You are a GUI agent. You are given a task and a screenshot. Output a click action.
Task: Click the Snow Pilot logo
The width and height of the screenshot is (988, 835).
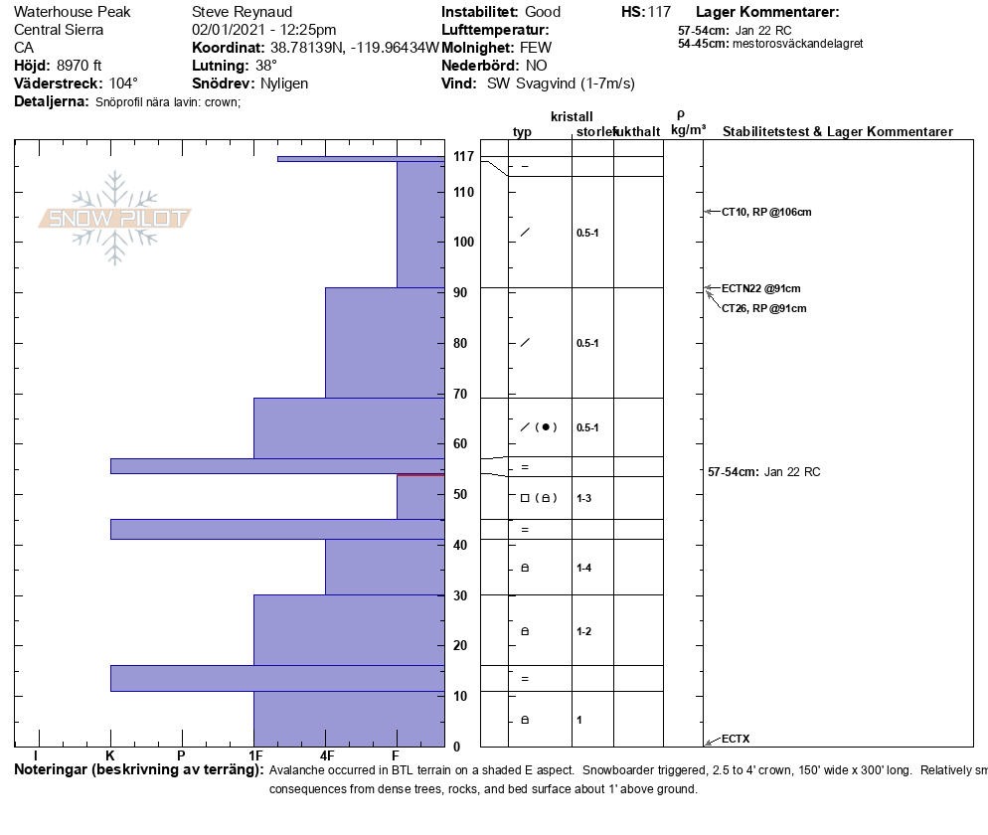click(115, 219)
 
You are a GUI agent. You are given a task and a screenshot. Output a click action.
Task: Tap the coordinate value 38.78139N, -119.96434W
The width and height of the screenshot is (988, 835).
click(354, 48)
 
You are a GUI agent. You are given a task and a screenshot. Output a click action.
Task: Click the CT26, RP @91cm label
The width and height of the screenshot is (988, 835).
click(763, 308)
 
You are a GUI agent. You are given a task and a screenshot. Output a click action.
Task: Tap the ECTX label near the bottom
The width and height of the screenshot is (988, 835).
click(736, 739)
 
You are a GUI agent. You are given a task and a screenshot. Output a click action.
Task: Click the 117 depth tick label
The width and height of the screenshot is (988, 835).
click(463, 157)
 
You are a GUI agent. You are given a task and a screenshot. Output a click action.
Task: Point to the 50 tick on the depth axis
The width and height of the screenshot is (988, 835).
click(461, 494)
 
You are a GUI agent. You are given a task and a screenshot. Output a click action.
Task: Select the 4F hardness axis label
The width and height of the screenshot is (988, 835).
click(327, 756)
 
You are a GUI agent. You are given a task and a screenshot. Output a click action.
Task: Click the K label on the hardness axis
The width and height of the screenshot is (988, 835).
click(110, 756)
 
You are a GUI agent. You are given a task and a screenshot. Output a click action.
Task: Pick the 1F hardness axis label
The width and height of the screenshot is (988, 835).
click(255, 756)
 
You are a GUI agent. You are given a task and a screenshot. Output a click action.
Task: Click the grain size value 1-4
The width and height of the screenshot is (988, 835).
click(584, 568)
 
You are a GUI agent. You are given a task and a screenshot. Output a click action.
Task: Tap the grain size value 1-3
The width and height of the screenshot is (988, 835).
click(584, 498)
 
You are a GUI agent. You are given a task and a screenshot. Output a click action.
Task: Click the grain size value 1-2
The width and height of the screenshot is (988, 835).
click(584, 631)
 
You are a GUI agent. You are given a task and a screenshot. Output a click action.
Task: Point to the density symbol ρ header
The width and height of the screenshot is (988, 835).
click(681, 114)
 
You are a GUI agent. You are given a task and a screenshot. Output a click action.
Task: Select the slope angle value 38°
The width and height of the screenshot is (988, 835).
click(266, 66)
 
